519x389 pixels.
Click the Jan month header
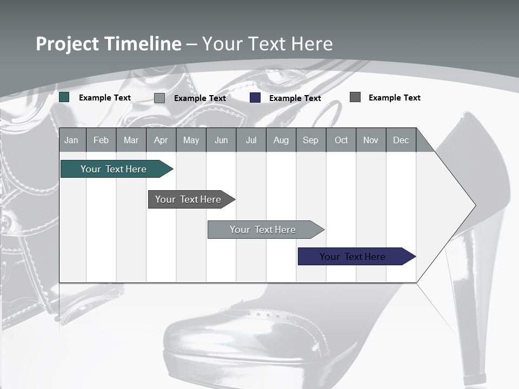click(x=71, y=140)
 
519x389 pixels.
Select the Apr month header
click(x=161, y=140)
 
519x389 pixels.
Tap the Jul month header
click(x=251, y=140)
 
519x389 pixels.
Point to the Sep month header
click(x=310, y=140)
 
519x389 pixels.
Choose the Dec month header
click(x=401, y=140)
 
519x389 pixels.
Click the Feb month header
click(x=101, y=140)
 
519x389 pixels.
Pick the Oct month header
click(x=341, y=140)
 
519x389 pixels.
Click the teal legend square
click(x=64, y=97)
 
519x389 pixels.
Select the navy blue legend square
click(x=255, y=98)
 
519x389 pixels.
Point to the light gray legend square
click(x=159, y=98)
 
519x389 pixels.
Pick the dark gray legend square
click(x=355, y=97)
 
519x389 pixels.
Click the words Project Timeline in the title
click(x=108, y=44)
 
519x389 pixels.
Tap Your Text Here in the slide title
click(x=268, y=44)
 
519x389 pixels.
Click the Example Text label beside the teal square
click(x=105, y=98)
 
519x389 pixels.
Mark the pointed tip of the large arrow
click(x=474, y=205)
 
